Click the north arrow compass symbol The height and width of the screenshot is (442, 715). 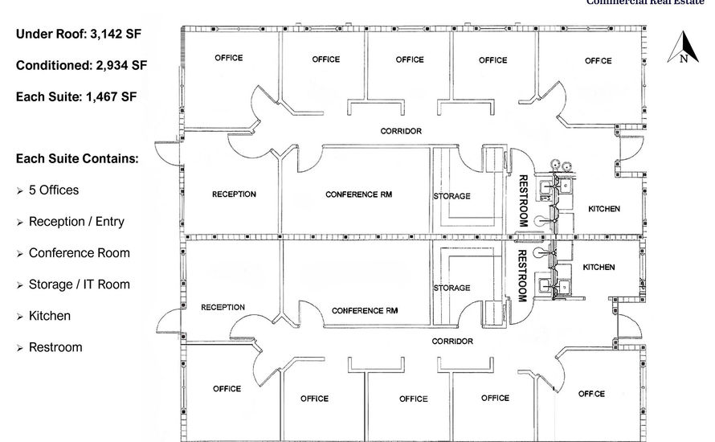click(x=684, y=47)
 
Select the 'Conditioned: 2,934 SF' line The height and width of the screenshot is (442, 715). click(x=81, y=66)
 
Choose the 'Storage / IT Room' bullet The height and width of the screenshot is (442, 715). click(x=79, y=284)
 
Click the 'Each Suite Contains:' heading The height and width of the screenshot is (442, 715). click(x=77, y=159)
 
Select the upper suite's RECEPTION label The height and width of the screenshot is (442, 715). click(x=234, y=194)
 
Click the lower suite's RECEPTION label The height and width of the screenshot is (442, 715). click(x=223, y=307)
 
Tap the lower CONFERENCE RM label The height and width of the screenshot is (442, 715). click(x=365, y=310)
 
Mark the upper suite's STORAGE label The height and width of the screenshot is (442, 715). click(x=452, y=196)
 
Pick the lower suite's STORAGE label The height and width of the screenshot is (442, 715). click(x=451, y=288)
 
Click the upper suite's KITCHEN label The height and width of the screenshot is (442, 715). click(x=604, y=209)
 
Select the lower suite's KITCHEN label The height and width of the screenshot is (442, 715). click(x=599, y=267)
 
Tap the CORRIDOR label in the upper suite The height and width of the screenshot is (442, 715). click(x=401, y=131)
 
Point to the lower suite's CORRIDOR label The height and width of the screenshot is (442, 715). click(x=452, y=342)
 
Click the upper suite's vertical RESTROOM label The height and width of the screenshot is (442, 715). click(x=523, y=200)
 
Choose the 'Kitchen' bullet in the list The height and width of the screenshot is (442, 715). click(x=50, y=316)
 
